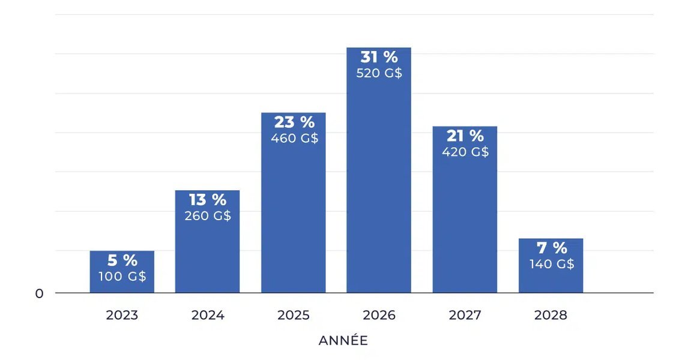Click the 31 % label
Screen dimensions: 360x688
[x=379, y=58]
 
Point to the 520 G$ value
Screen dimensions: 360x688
[x=379, y=74]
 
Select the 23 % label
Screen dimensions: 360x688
[x=294, y=122]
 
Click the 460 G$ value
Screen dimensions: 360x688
[x=294, y=139]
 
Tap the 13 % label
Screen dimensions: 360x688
[x=207, y=200]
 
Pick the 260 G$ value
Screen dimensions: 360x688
[x=207, y=216]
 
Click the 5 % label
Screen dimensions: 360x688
[x=122, y=260]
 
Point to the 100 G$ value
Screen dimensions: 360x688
[x=122, y=277]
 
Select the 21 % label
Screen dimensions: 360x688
[x=465, y=136]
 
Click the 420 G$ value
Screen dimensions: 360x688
[x=465, y=152]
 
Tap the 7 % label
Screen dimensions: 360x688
[x=551, y=248]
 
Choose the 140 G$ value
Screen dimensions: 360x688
[x=551, y=264]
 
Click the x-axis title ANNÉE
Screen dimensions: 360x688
[x=343, y=341]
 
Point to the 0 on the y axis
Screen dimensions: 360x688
[x=40, y=294]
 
